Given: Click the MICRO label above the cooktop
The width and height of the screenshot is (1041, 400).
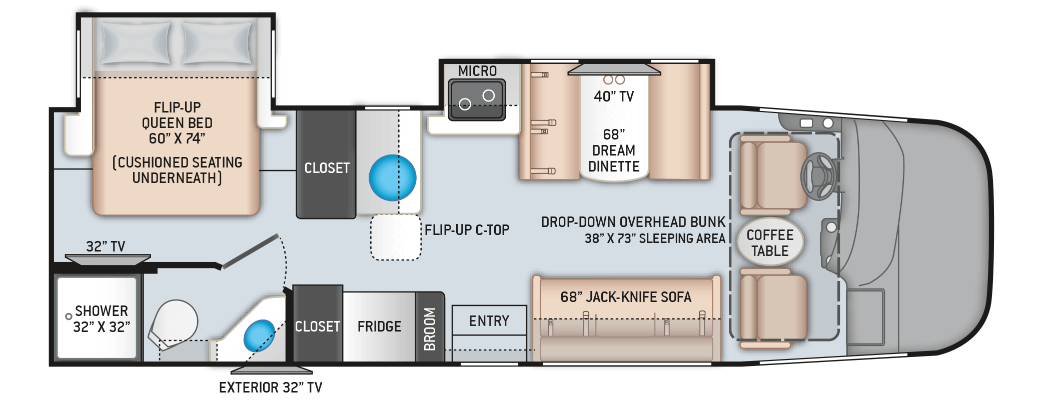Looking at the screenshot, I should [x=477, y=71].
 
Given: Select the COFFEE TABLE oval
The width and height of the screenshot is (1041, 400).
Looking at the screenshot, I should [x=770, y=243].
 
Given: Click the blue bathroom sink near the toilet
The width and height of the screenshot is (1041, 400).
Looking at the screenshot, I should [x=259, y=335].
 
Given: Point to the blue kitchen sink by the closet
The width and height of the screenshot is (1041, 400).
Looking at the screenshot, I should [x=393, y=177].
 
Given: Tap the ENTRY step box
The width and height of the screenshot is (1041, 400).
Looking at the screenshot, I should [x=489, y=320].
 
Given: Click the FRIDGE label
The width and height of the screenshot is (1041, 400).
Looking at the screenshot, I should [x=379, y=326].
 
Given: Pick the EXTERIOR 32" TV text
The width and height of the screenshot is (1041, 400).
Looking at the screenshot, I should [x=270, y=387].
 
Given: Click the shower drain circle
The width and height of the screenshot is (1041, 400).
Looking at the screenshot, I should [x=69, y=316].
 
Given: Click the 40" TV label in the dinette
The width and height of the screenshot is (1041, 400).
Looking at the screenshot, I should [x=613, y=96].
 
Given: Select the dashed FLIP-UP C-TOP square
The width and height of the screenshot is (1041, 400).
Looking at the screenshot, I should [x=395, y=237].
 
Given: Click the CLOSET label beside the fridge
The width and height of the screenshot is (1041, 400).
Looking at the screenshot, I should [x=317, y=326].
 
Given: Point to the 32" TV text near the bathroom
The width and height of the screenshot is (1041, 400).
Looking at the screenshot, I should [x=105, y=246].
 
